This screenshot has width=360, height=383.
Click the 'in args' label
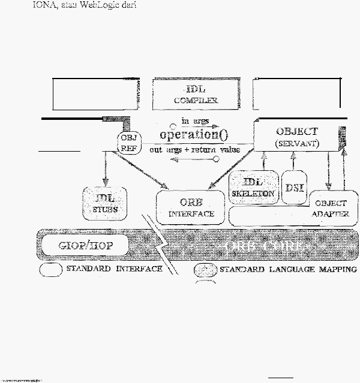[x=194, y=122]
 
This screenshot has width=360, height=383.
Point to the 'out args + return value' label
[x=194, y=149]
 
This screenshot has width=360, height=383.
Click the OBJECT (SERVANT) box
[x=296, y=137]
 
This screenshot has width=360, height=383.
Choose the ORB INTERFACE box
[x=191, y=207]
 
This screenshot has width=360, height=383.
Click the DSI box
[x=294, y=188]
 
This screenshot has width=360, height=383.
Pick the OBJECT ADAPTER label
[x=331, y=209]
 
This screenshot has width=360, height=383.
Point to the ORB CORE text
[x=262, y=246]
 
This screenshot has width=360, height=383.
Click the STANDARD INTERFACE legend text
[x=115, y=269]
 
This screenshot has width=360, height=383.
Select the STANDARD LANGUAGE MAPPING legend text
[x=288, y=269]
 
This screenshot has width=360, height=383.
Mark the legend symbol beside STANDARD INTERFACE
[x=51, y=270]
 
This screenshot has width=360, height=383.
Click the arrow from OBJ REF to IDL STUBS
[x=105, y=168]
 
